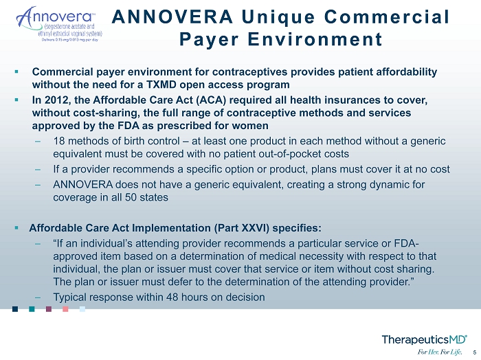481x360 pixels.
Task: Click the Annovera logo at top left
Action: [x=59, y=24]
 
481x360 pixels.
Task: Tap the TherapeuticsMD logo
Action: [x=424, y=339]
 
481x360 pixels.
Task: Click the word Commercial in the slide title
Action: [x=387, y=16]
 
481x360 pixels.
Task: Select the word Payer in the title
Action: [x=209, y=40]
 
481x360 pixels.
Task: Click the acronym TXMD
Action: [x=161, y=85]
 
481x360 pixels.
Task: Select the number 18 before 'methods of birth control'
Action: [x=59, y=141]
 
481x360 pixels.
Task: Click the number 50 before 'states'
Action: [x=131, y=197]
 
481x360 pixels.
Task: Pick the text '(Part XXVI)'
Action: [x=240, y=228]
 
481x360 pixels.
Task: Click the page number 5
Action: [x=475, y=352]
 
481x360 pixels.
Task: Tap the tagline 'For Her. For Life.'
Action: [x=439, y=352]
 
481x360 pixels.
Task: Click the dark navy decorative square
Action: [x=15, y=308]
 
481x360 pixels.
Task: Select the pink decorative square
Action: [x=65, y=308]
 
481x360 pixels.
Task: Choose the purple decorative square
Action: [x=49, y=308]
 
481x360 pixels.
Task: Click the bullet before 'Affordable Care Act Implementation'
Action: [x=16, y=227]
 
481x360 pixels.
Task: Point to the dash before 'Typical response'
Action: [x=38, y=297]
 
